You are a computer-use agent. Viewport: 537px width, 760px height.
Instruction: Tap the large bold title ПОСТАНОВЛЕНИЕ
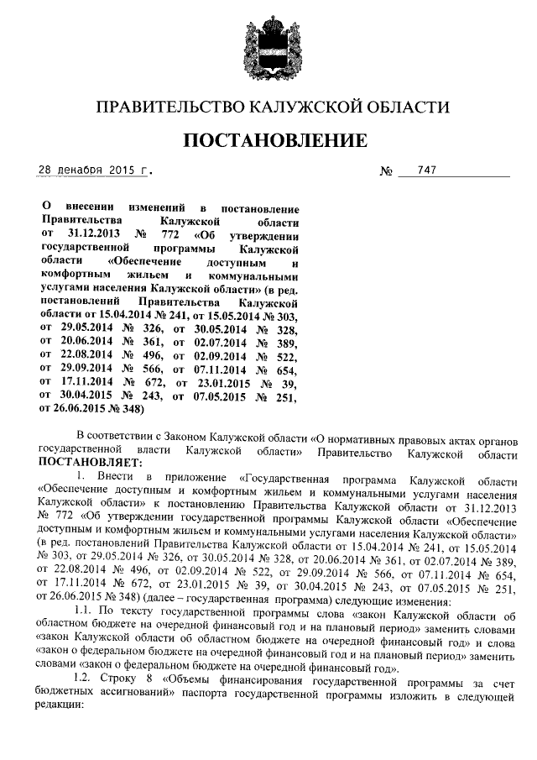coord(275,139)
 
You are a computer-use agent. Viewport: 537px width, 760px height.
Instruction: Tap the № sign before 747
coord(387,172)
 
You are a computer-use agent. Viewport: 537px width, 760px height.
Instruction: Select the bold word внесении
coord(89,207)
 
